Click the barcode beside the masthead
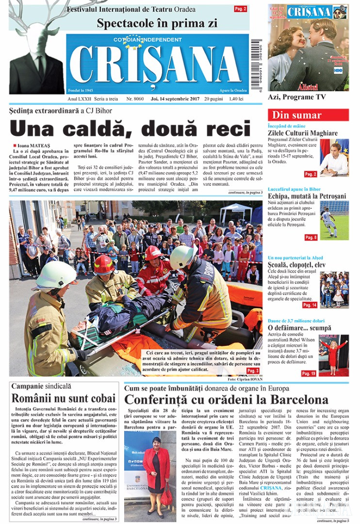click(x=256, y=63)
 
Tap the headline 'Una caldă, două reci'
click(x=130, y=129)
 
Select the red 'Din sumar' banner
click(x=308, y=115)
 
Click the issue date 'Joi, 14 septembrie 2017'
click(x=174, y=98)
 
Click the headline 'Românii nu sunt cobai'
click(x=64, y=399)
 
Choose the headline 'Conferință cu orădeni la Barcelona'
click(x=226, y=400)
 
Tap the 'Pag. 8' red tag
click(x=311, y=237)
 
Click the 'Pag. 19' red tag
click(x=309, y=373)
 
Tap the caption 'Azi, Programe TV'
click(x=297, y=97)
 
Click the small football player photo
click(x=334, y=220)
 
